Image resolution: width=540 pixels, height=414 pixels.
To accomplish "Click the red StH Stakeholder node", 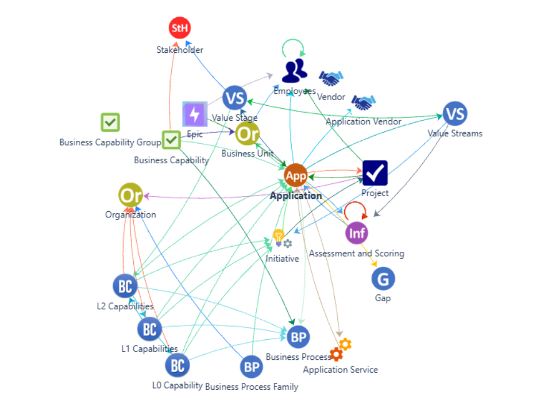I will coord(179,28).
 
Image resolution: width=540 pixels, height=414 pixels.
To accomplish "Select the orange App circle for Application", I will coord(296,175).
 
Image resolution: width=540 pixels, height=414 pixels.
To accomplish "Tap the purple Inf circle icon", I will coord(356,233).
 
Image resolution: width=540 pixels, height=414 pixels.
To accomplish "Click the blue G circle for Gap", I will coord(383,278).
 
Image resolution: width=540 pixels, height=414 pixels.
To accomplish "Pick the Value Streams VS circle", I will coord(455,113).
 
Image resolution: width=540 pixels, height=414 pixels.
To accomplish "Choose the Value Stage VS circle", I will coord(234,98).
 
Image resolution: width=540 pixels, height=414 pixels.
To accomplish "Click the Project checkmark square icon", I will coord(375,172).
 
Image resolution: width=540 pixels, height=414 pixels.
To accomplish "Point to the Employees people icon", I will coord(295,70).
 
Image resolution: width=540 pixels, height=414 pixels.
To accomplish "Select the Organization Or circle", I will coord(130,195).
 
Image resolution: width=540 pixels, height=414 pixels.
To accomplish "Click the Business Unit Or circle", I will coord(248,133).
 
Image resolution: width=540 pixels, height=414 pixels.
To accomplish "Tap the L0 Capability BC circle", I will coord(177,365).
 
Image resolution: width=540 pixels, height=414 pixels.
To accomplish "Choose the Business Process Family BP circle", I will coord(251,366).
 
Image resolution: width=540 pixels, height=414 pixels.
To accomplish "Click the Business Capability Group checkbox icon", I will coord(110,122).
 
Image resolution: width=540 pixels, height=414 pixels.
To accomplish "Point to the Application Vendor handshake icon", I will coord(364,103).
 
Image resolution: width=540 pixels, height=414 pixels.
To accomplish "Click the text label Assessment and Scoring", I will coord(356,254).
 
